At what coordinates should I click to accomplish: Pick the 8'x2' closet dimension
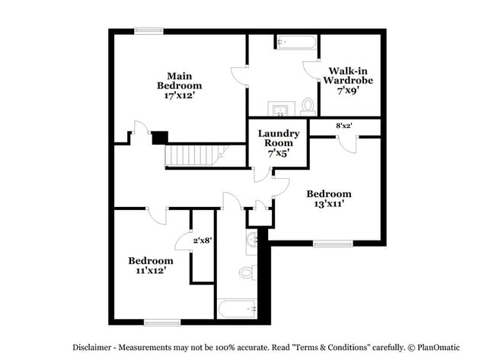point(343,126)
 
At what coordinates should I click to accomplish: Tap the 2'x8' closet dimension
point(202,240)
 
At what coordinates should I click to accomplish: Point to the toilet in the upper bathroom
point(308,105)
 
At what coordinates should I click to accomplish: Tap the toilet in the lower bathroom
point(247,272)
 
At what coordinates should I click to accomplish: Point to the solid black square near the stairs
point(159,138)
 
